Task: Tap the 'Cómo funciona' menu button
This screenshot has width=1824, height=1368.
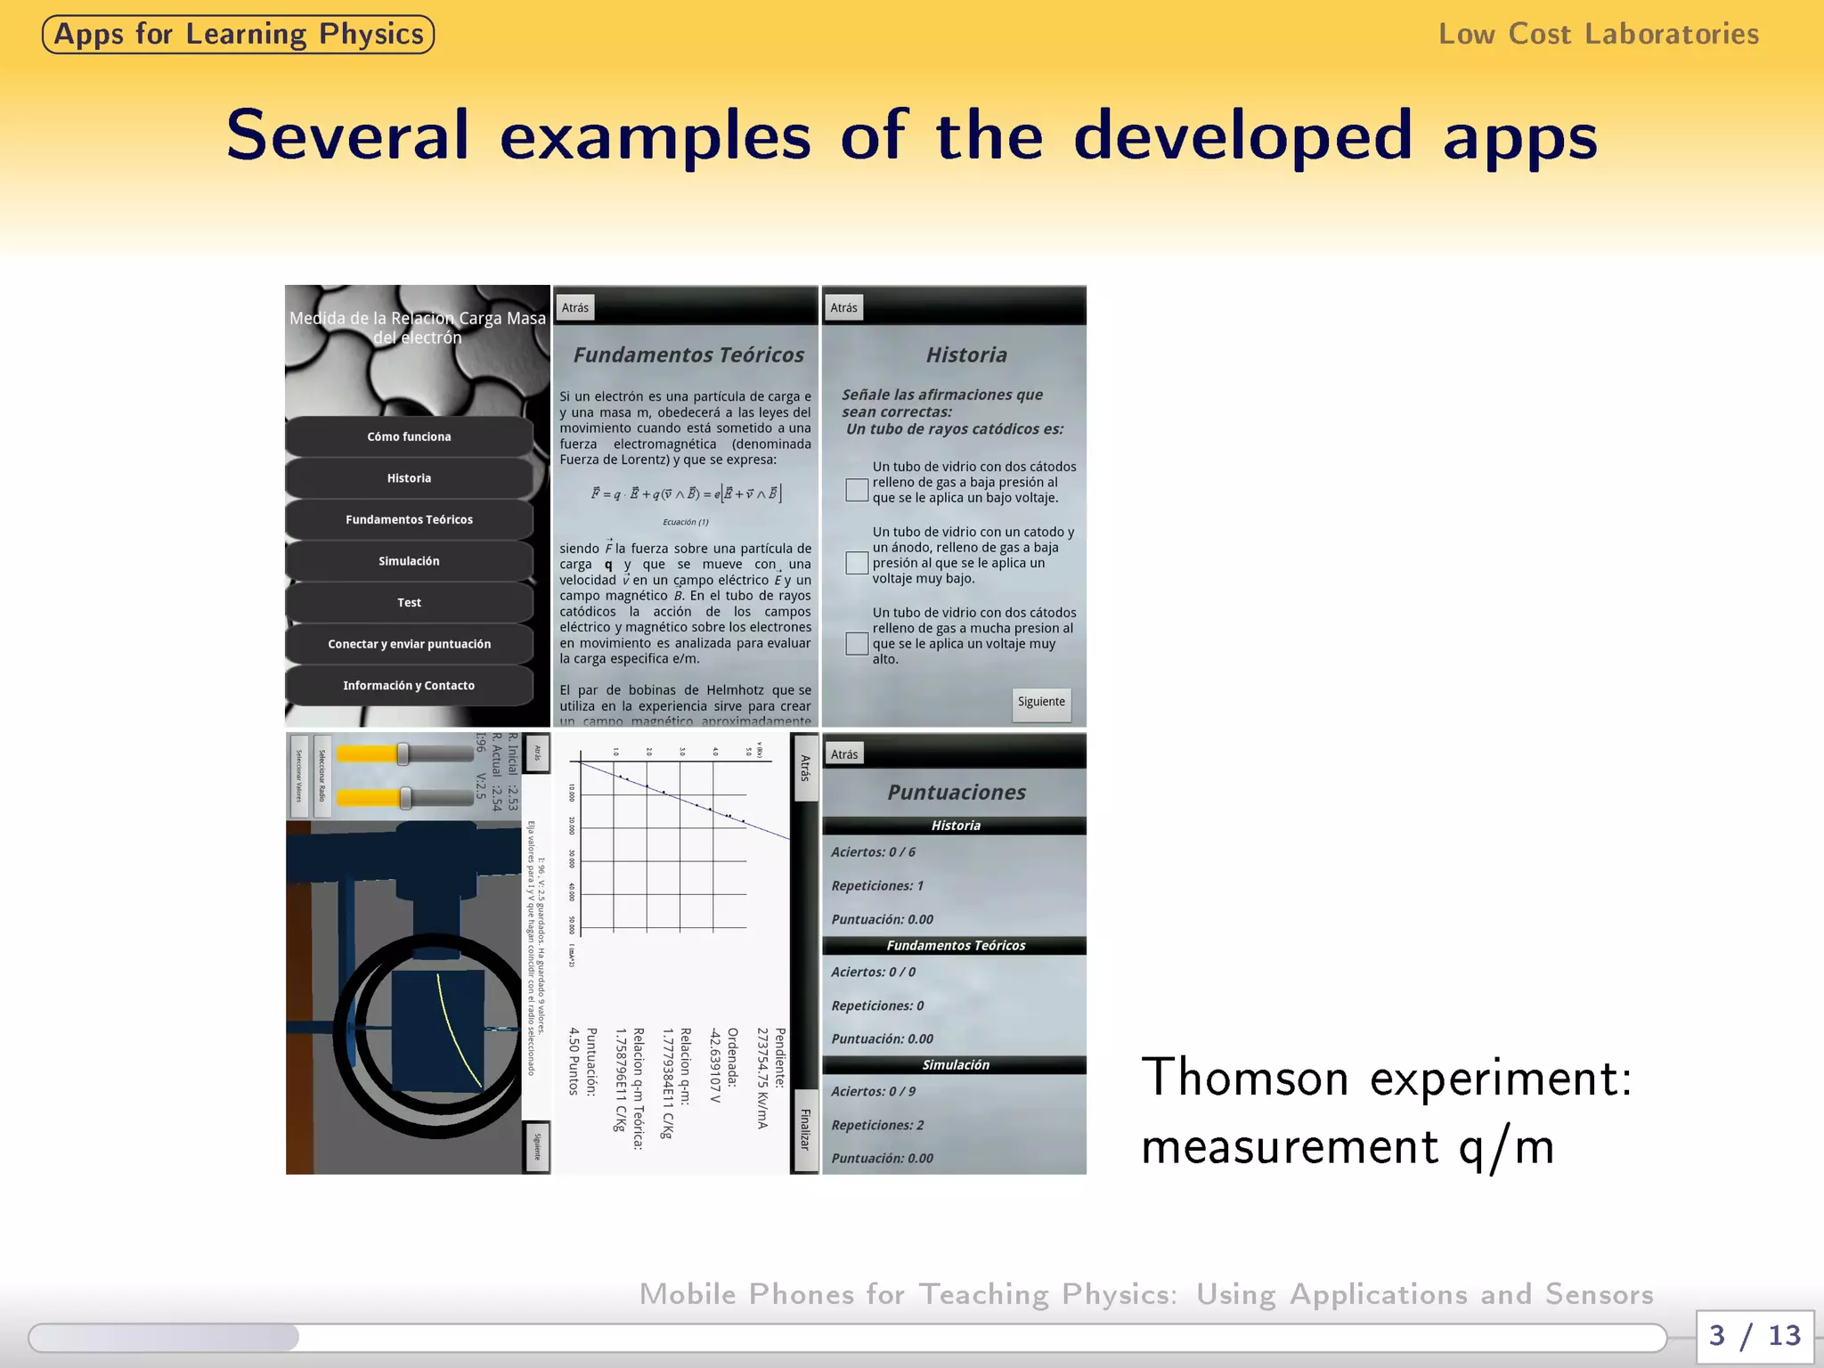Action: coord(409,436)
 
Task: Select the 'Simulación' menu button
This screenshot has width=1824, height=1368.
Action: coord(409,561)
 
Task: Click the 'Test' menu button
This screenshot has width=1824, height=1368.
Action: coord(409,603)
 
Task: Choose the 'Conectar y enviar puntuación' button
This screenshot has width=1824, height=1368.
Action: coord(409,644)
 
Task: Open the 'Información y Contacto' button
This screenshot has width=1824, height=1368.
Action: coord(409,686)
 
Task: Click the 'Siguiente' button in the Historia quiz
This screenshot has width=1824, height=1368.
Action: coord(1041,703)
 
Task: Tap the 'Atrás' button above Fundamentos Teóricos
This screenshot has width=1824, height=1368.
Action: coord(575,308)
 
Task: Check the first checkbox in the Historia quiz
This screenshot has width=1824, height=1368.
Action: coord(857,490)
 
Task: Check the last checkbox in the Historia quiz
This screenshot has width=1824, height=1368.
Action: coord(857,644)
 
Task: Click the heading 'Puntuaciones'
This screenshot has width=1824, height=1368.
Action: coord(956,792)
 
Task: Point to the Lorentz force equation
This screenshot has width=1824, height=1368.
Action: coord(686,493)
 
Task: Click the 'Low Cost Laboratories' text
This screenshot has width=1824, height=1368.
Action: coord(1599,34)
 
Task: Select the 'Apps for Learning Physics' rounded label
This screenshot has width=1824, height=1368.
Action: coord(239,35)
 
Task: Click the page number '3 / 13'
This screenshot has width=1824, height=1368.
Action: coord(1754,1335)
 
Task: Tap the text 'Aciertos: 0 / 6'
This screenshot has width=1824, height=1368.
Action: coord(873,852)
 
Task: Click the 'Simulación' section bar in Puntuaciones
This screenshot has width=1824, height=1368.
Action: coord(955,1065)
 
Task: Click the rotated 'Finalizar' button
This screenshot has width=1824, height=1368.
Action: coord(805,1129)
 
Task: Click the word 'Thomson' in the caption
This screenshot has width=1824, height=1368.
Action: coord(1245,1078)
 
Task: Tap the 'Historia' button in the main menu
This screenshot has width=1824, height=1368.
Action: coord(409,478)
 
